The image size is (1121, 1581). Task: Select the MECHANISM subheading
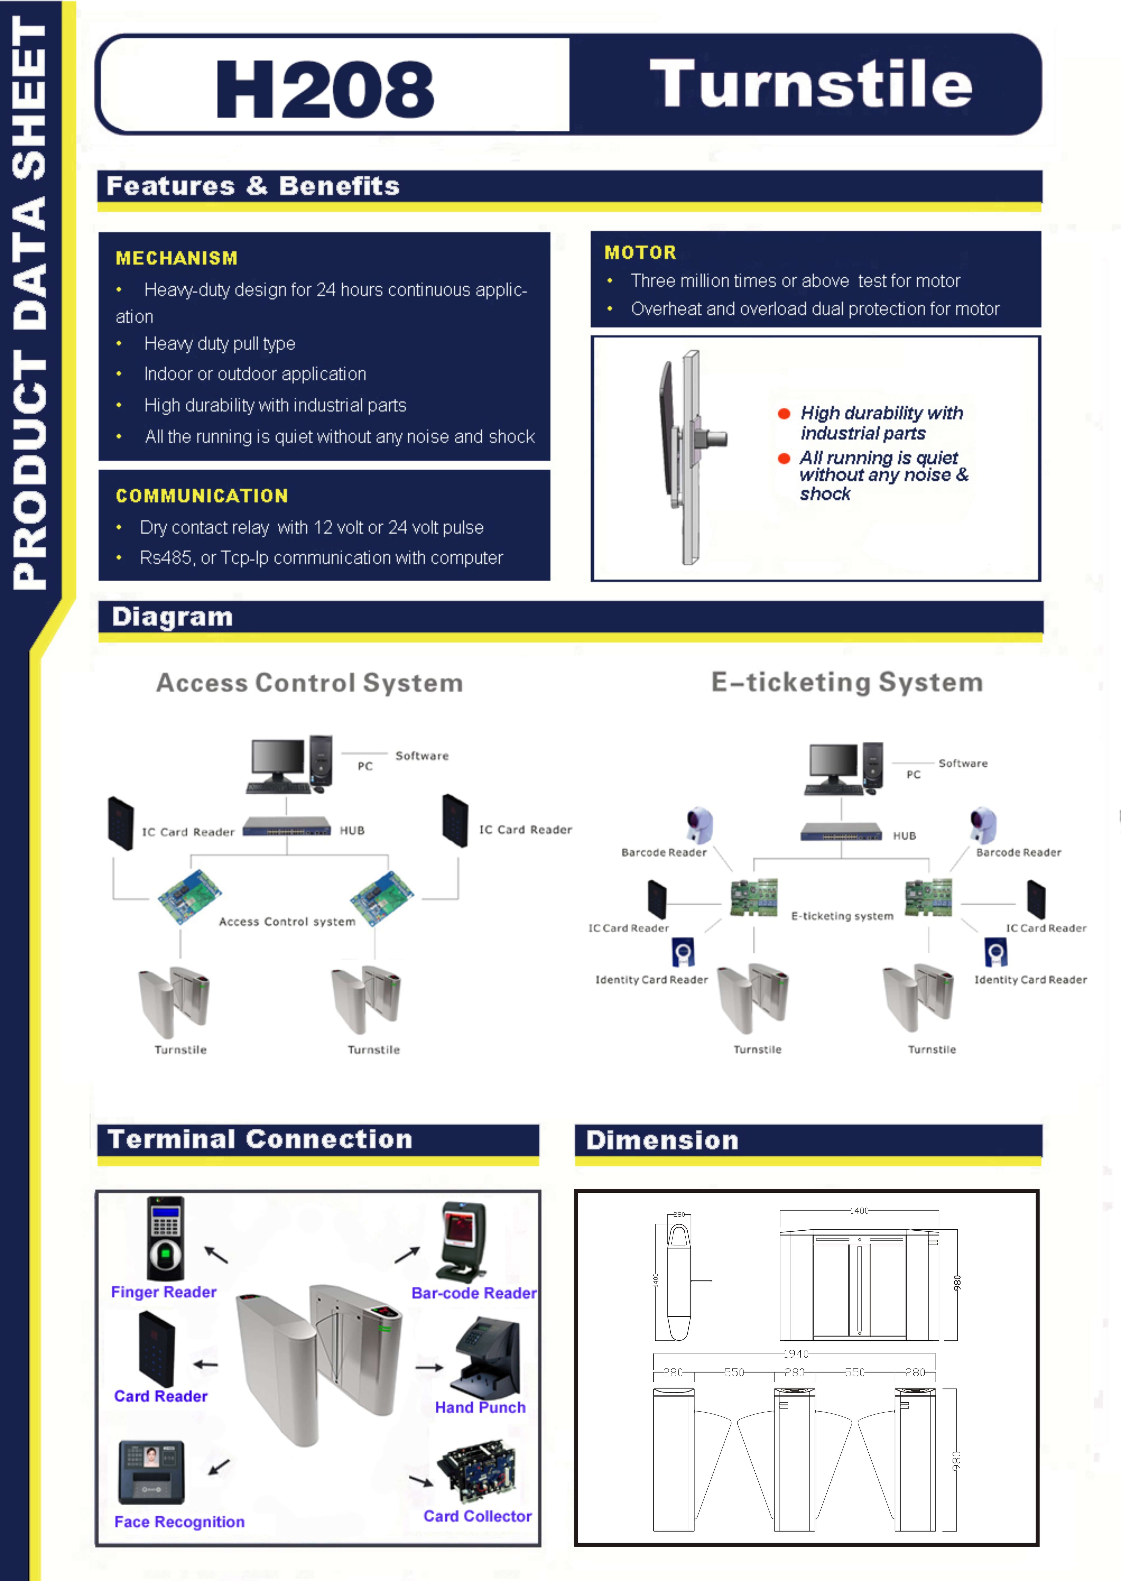pos(177,258)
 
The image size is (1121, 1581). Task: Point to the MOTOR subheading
pos(640,253)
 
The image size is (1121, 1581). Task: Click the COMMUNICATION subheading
pos(202,496)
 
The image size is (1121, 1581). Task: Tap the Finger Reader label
pos(164,1292)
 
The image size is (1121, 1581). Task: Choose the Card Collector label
pos(477,1516)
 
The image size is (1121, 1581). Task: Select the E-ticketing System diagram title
pos(847,682)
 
